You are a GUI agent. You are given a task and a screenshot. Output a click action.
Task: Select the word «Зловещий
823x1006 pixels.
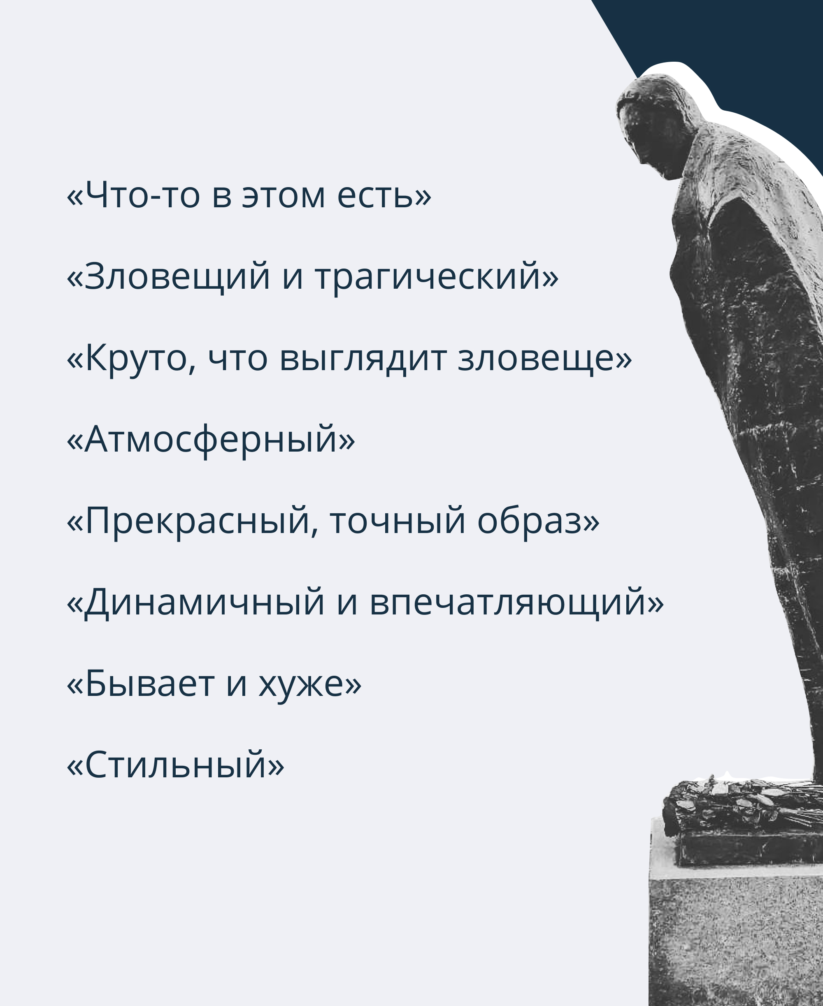[x=168, y=277]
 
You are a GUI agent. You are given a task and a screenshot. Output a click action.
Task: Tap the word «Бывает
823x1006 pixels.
[x=140, y=683]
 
